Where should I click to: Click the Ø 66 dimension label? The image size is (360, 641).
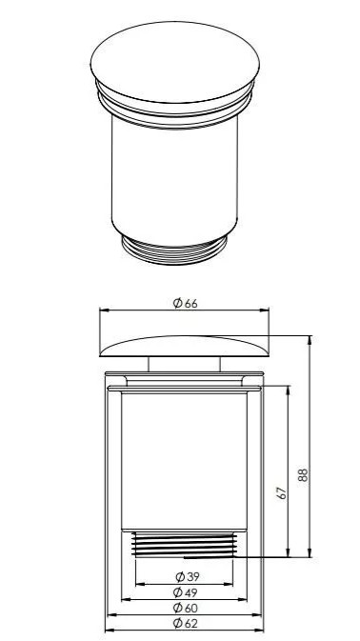[185, 303]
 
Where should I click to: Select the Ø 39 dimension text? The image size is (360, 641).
[188, 577]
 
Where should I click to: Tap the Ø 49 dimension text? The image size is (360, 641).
[185, 592]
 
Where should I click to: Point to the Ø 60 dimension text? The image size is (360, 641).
[185, 608]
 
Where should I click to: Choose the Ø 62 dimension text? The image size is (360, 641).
[185, 624]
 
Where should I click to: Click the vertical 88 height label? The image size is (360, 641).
[303, 474]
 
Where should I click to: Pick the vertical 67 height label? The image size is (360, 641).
[282, 493]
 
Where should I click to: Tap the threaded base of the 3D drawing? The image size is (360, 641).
[174, 250]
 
